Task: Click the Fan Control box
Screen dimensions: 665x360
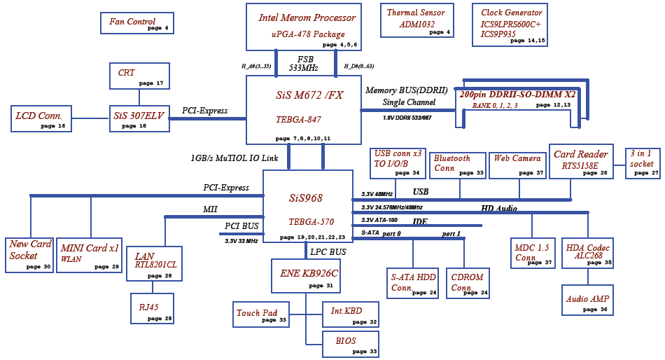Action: (x=137, y=23)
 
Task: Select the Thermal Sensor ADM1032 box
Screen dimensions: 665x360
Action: (x=417, y=20)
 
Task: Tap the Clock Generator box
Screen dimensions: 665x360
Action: (x=510, y=25)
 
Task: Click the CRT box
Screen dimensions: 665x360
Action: (x=139, y=76)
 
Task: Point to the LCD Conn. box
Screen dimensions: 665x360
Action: (x=41, y=118)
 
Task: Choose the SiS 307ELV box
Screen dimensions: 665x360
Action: (x=139, y=118)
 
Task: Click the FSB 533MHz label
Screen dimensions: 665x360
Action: (x=304, y=63)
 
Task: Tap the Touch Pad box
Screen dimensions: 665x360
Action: (x=261, y=314)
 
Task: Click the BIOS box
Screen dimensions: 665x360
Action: (x=351, y=345)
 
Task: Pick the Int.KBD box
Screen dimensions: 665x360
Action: (x=351, y=314)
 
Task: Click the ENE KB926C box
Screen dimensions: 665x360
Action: (x=306, y=276)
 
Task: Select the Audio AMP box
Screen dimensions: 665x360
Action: (x=587, y=300)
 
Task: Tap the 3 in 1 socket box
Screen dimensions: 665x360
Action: (x=643, y=163)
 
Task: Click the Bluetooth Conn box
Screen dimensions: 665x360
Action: (x=458, y=165)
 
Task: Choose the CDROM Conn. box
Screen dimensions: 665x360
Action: (x=468, y=283)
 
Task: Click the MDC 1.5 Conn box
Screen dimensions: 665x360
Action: (x=533, y=253)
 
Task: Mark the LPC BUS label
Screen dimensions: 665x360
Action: (x=328, y=251)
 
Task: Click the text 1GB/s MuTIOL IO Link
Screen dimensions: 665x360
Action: (x=234, y=158)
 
